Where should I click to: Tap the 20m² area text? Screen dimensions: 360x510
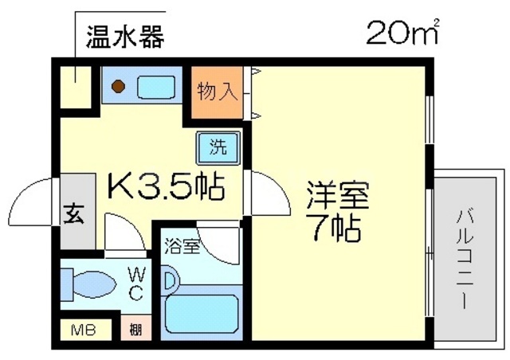coord(402,33)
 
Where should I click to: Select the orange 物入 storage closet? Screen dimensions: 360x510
coord(215,92)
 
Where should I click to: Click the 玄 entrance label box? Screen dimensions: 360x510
coord(73,213)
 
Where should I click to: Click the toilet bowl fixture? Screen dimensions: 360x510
coord(93,284)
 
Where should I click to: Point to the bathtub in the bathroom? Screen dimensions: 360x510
coord(200,315)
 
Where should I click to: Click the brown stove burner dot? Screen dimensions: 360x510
coord(117,84)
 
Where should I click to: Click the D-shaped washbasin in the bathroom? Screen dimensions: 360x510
coord(171,280)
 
